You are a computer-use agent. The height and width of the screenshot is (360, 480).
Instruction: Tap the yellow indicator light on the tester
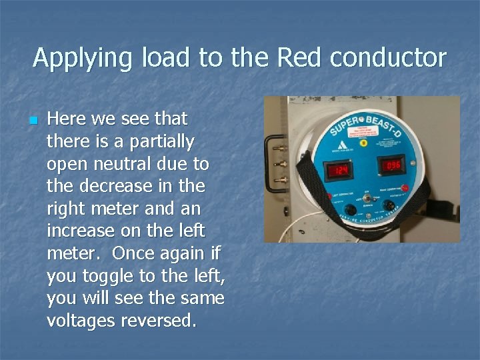click(x=363, y=142)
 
